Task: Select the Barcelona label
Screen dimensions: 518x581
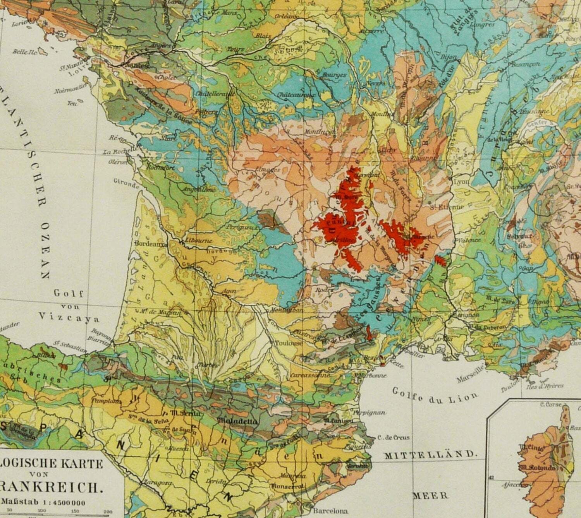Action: coord(330,511)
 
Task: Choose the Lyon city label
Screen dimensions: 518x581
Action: coord(461,182)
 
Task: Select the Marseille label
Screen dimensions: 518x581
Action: coord(470,373)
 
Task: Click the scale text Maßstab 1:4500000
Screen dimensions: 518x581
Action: coord(43,503)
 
